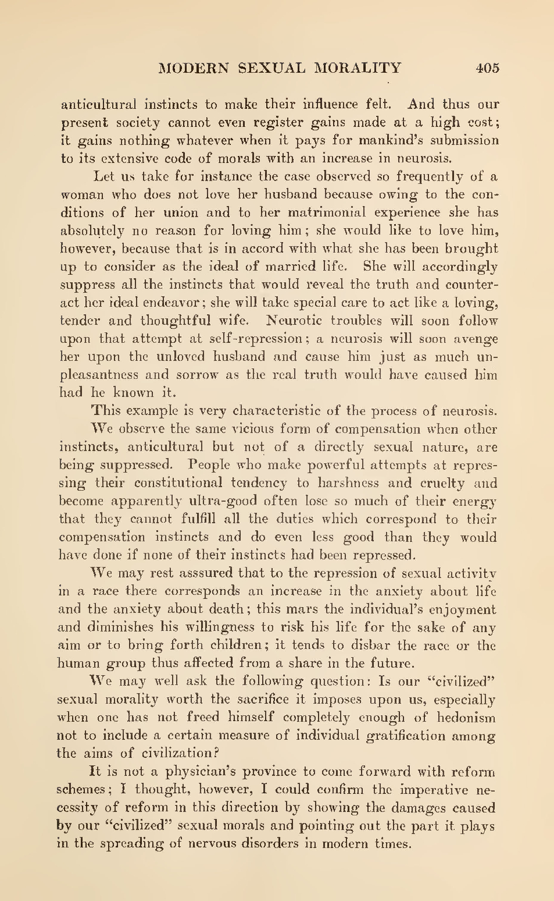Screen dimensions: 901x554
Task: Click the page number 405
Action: click(487, 68)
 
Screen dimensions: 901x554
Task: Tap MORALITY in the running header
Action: click(358, 68)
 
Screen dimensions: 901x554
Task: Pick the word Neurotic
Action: click(295, 321)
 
